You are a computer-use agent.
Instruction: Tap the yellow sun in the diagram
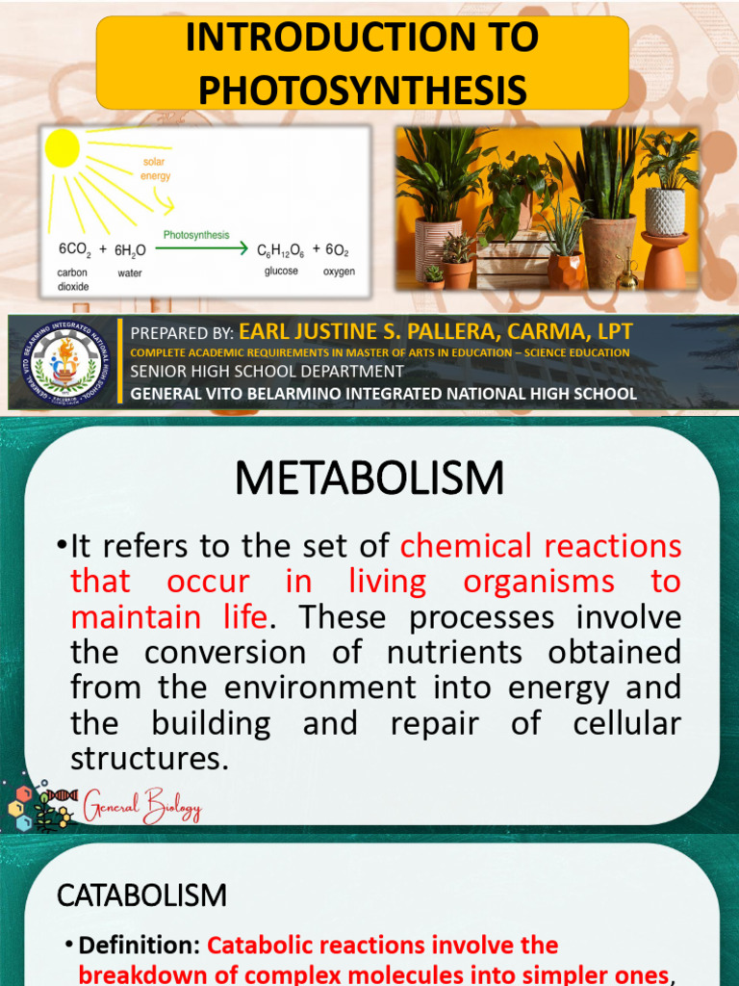coord(63,148)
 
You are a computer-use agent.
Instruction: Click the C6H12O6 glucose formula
coord(280,250)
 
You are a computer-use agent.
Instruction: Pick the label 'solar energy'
coord(156,169)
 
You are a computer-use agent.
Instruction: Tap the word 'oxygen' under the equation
coord(339,272)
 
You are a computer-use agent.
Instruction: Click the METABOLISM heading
coord(369,478)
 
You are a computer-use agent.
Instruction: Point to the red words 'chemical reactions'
coord(541,546)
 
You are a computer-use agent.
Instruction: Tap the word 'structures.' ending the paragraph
coord(150,758)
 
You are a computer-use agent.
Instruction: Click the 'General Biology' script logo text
coord(141,806)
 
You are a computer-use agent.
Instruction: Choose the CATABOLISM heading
coord(141,895)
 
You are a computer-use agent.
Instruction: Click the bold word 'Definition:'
coord(140,946)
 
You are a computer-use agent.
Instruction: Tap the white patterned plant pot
coord(664,211)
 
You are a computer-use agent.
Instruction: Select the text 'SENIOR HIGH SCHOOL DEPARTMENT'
coord(267,372)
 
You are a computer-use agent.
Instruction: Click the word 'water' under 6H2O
coord(130,273)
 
